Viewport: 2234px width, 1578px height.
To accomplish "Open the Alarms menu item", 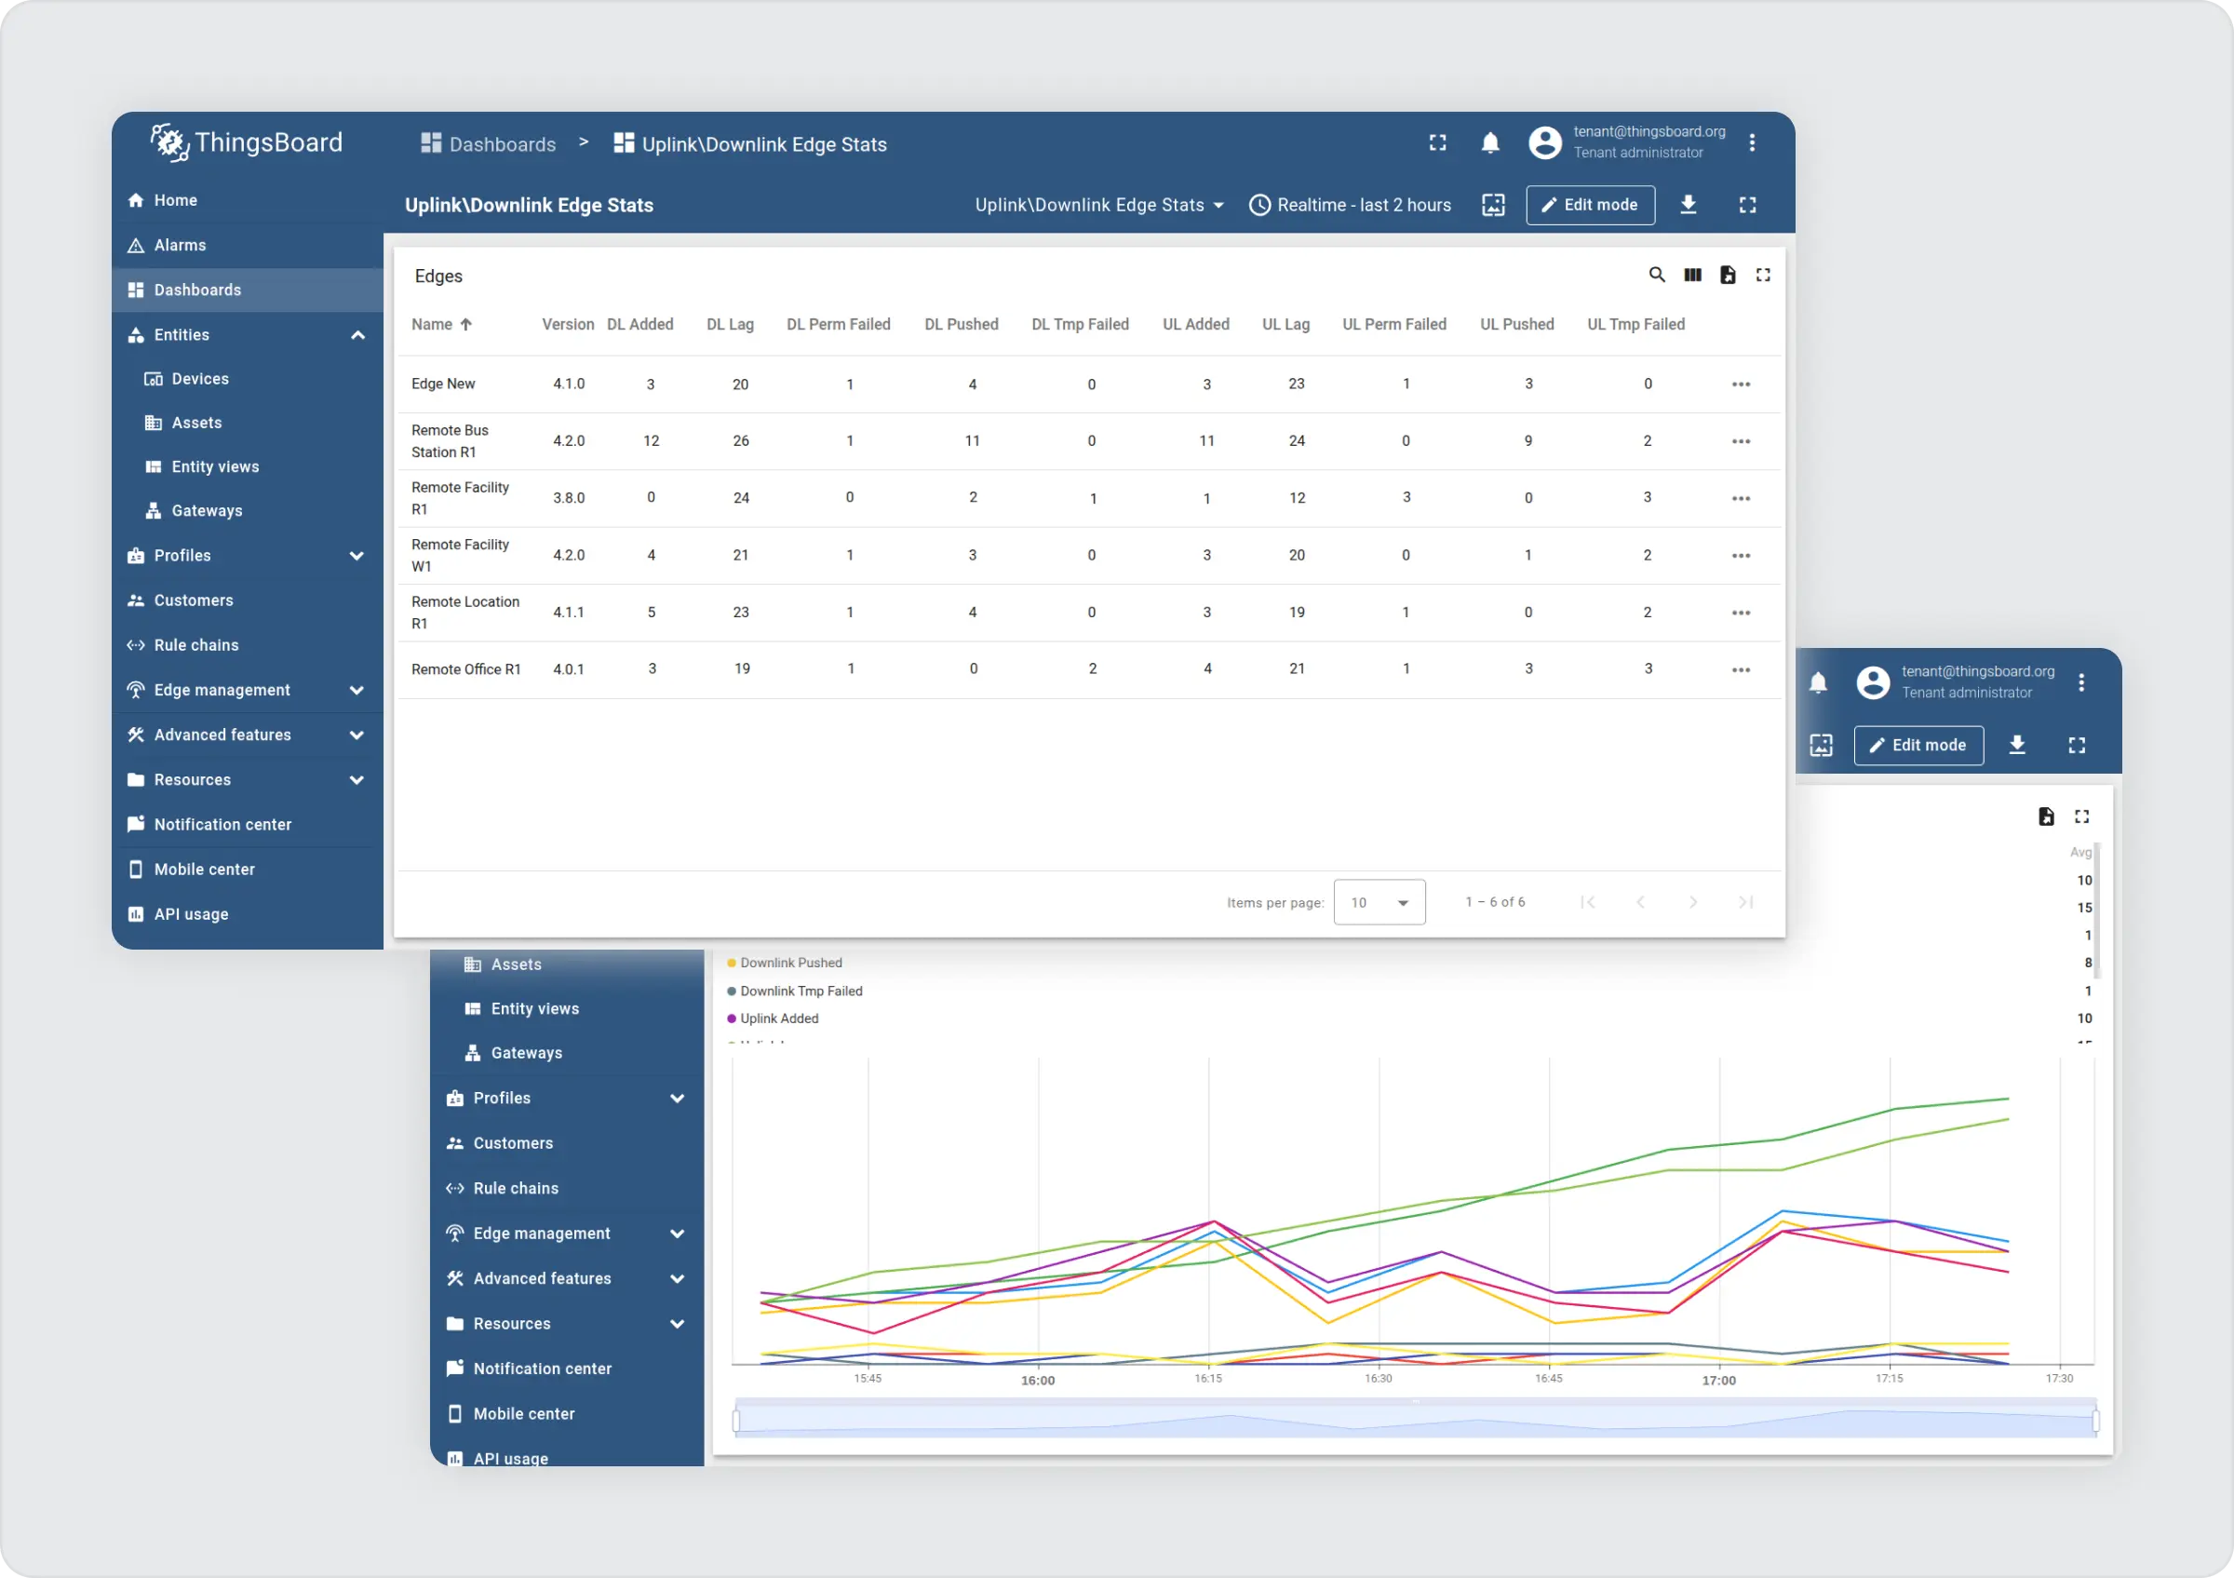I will coord(180,245).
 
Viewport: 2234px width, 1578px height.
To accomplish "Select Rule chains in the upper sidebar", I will coord(195,645).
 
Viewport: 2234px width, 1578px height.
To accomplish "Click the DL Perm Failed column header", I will coord(838,324).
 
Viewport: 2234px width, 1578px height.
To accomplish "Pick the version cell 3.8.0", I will coord(569,498).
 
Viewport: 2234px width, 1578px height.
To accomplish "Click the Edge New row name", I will coord(444,384).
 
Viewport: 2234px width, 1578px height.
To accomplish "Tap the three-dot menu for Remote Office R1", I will coord(1741,669).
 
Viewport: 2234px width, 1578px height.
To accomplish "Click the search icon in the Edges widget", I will coord(1656,276).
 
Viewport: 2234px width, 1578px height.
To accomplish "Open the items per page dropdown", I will coord(1379,902).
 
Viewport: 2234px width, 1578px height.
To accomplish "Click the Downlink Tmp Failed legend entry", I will coord(801,991).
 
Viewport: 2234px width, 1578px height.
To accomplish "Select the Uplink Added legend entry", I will coord(778,1018).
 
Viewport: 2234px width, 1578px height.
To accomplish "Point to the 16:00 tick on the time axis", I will coord(1037,1381).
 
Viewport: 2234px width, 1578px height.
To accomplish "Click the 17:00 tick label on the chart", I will coord(1718,1381).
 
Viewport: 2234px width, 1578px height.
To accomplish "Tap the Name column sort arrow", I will coord(466,325).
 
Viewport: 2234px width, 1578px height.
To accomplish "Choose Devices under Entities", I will coord(199,379).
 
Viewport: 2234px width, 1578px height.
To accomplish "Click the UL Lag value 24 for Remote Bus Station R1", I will coord(1296,440).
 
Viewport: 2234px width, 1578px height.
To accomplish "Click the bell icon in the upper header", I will coord(1489,143).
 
